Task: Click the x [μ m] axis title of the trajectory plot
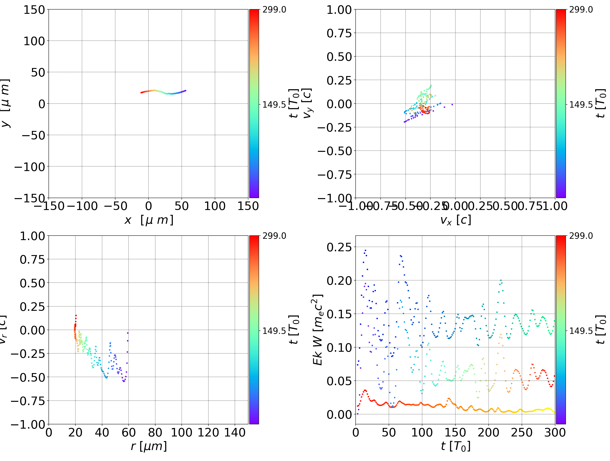pyautogui.click(x=149, y=220)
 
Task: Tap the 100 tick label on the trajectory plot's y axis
pyautogui.click(x=34, y=41)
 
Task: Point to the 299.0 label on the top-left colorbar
pyautogui.click(x=274, y=10)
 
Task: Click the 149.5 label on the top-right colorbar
pyautogui.click(x=581, y=105)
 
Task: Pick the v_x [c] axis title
pyautogui.click(x=456, y=220)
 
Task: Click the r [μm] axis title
pyautogui.click(x=149, y=446)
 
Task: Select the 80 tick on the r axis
pyautogui.click(x=155, y=432)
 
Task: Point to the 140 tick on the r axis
pyautogui.click(x=235, y=432)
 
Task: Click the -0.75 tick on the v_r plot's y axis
pyautogui.click(x=28, y=401)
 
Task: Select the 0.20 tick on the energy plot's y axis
pyautogui.click(x=339, y=280)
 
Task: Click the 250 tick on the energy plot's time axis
pyautogui.click(x=522, y=432)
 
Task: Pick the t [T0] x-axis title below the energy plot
pyautogui.click(x=456, y=446)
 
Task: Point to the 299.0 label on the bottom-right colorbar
pyautogui.click(x=581, y=236)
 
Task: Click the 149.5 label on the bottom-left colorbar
pyautogui.click(x=274, y=331)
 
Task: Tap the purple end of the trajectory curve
pyautogui.click(x=185, y=90)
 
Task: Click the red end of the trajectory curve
pyautogui.click(x=141, y=92)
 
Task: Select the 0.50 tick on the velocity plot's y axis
pyautogui.click(x=339, y=57)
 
